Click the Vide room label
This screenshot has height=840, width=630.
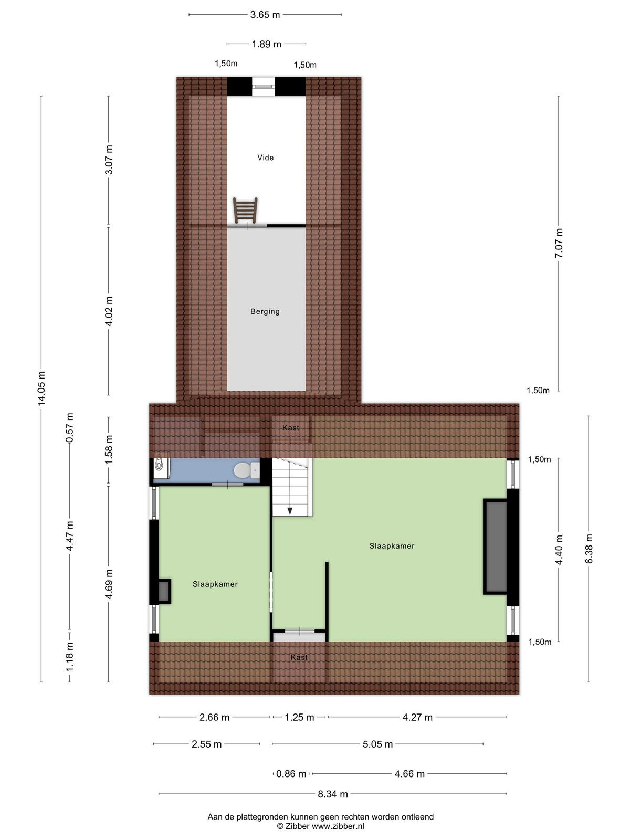coord(265,157)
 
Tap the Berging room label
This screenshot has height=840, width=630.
coord(265,311)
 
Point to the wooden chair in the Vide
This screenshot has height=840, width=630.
coord(245,210)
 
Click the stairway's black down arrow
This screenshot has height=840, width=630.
coord(290,510)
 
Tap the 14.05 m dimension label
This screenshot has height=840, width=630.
coord(41,388)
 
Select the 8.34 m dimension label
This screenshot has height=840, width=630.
coord(333,794)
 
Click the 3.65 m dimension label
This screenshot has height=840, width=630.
coord(265,15)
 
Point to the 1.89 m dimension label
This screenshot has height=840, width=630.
coord(266,44)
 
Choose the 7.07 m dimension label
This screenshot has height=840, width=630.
coord(559,243)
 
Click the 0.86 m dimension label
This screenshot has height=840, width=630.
coord(291,773)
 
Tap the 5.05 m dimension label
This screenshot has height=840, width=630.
coord(377,744)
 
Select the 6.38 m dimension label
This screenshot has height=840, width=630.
coord(589,549)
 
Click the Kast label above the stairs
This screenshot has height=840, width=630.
coord(291,427)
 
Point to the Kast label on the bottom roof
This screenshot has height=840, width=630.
coord(299,657)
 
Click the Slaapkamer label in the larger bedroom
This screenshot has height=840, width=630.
coord(392,545)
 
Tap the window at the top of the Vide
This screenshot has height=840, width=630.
coord(263,87)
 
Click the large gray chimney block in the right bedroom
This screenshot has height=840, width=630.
coord(496,547)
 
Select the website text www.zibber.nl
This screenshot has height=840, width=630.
coord(338,826)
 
